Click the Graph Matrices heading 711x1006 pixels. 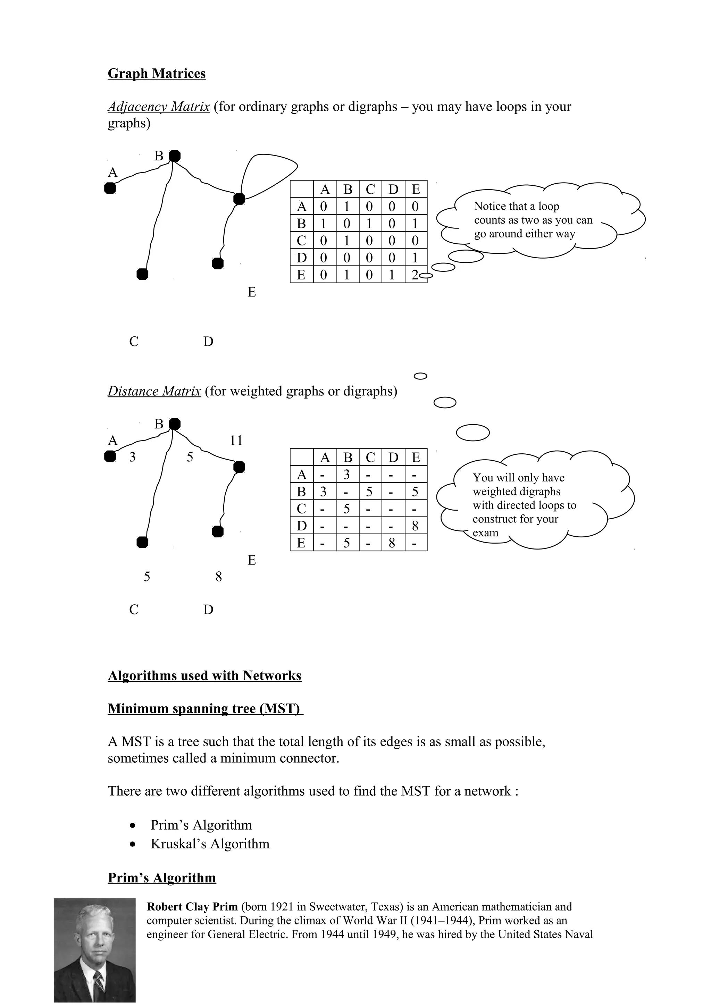click(156, 73)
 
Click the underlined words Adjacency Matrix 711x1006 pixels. click(159, 107)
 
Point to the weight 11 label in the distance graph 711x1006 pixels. click(236, 441)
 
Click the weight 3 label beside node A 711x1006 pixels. click(132, 457)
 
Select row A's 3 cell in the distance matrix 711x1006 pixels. click(346, 475)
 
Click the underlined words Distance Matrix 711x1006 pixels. click(154, 391)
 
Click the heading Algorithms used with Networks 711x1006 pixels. click(204, 675)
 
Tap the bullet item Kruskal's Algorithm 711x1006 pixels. click(210, 844)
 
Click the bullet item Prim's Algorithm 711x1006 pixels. click(201, 824)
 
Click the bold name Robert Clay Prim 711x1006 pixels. click(192, 906)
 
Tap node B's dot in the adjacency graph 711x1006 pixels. click(175, 156)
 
